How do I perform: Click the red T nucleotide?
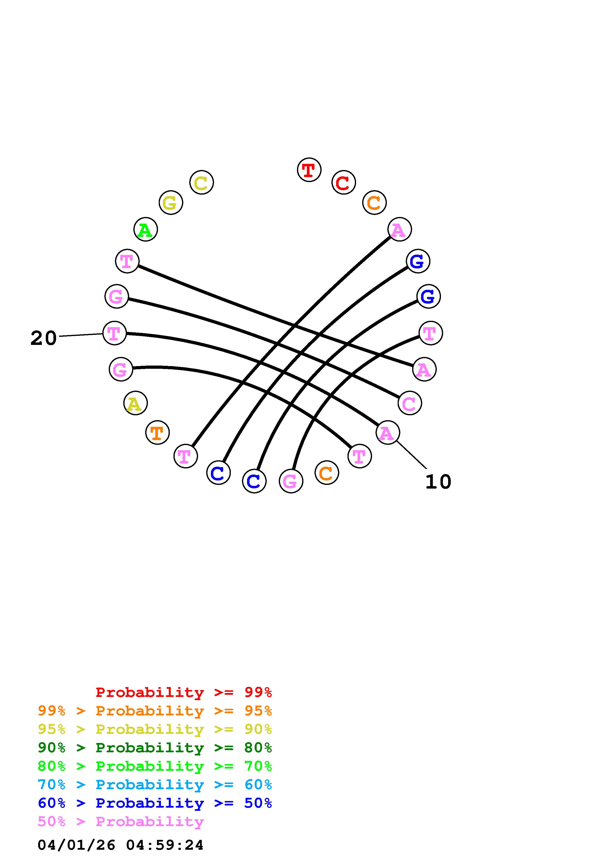pyautogui.click(x=309, y=170)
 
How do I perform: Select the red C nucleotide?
pyautogui.click(x=344, y=183)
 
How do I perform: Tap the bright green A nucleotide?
pyautogui.click(x=145, y=230)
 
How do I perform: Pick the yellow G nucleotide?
pyautogui.click(x=171, y=203)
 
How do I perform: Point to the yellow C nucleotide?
pyautogui.click(x=202, y=183)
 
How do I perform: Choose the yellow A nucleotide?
pyautogui.click(x=135, y=403)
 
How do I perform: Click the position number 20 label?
pyautogui.click(x=44, y=338)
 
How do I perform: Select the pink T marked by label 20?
pyautogui.click(x=114, y=333)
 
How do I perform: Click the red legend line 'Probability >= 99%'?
pyautogui.click(x=184, y=692)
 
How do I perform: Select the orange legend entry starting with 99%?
pyautogui.click(x=155, y=711)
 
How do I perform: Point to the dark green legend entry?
pyautogui.click(x=155, y=748)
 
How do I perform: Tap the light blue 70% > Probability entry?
pyautogui.click(x=155, y=785)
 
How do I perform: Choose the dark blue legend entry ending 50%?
pyautogui.click(x=155, y=803)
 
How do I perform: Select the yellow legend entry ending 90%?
pyautogui.click(x=155, y=729)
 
